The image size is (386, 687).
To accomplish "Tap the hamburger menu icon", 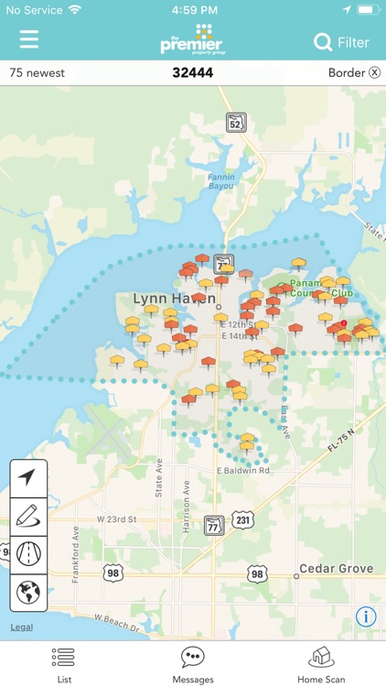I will [x=29, y=40].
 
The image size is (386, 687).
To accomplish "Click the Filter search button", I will [x=341, y=42].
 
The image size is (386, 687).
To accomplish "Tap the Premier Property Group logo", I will [x=192, y=39].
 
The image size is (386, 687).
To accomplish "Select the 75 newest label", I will [x=38, y=73].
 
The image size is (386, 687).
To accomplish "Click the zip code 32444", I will [x=192, y=73].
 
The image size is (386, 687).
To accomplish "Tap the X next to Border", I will [x=374, y=73].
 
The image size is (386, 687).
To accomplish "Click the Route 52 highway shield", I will [x=237, y=123].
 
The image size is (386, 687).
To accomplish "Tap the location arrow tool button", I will [x=28, y=477].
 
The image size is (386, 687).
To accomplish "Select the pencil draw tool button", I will [x=28, y=516].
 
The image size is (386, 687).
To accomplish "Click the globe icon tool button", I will [x=28, y=592].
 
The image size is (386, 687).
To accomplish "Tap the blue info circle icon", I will [x=366, y=616].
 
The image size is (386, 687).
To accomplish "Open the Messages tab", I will [x=193, y=664].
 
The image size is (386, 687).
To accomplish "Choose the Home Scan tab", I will [x=321, y=664].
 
